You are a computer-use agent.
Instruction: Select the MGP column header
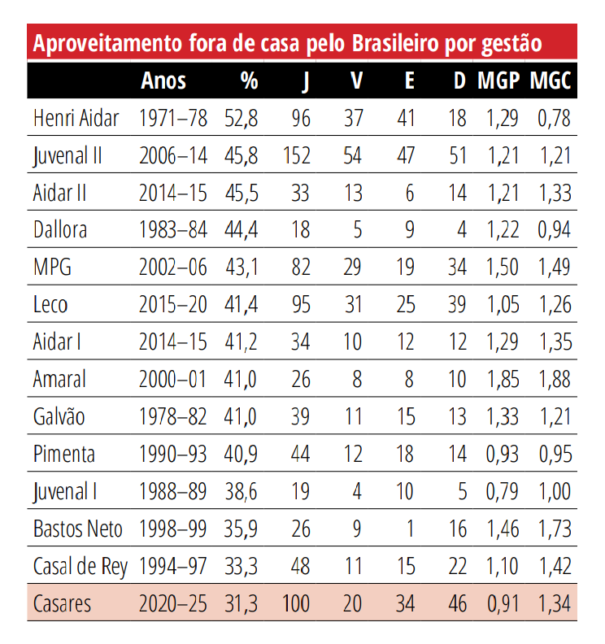pyautogui.click(x=498, y=80)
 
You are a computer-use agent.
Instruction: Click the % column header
pyautogui.click(x=249, y=80)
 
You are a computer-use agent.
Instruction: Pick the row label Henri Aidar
pyautogui.click(x=76, y=118)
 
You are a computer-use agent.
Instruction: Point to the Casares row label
pyautogui.click(x=63, y=604)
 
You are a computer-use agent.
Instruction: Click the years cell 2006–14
pyautogui.click(x=173, y=155)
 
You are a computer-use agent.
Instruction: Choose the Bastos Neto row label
pyautogui.click(x=78, y=529)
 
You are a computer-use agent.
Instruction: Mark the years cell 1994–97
pyautogui.click(x=173, y=567)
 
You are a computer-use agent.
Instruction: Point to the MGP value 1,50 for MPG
pyautogui.click(x=503, y=268)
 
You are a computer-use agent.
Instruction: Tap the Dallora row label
pyautogui.click(x=60, y=230)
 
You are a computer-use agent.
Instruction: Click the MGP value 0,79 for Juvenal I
pyautogui.click(x=503, y=492)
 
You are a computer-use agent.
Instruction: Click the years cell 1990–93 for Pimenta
pyautogui.click(x=173, y=455)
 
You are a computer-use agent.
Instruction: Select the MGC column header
pyautogui.click(x=551, y=80)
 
